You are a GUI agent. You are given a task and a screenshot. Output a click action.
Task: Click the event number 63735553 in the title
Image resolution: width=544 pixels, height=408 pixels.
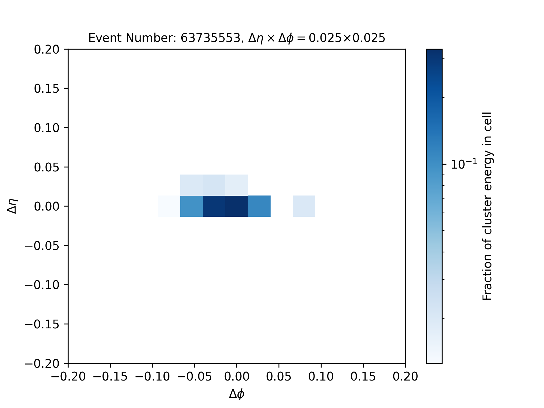point(211,38)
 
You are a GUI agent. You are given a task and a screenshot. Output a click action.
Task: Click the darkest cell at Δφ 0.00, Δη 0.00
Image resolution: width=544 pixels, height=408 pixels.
point(237,206)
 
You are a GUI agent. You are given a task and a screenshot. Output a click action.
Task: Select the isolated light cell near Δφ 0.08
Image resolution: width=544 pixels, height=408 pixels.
point(304,206)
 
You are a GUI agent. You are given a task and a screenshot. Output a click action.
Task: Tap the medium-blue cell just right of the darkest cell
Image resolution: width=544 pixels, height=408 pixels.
point(259,206)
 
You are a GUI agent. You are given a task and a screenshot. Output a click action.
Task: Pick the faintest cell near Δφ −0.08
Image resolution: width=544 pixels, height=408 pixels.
point(169,206)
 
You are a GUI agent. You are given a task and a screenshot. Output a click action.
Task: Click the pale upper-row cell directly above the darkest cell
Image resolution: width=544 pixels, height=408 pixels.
point(237,185)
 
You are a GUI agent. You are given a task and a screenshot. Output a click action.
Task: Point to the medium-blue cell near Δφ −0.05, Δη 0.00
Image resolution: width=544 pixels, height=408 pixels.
point(192,206)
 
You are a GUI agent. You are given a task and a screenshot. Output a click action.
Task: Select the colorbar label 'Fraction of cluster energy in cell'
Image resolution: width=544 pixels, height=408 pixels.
point(487,206)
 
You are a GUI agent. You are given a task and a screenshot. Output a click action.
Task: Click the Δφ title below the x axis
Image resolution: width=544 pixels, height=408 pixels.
point(237,394)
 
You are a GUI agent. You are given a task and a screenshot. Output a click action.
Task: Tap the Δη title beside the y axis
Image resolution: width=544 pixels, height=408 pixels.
point(12,206)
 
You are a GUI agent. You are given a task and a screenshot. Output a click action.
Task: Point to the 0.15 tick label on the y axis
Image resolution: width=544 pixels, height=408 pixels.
point(47,89)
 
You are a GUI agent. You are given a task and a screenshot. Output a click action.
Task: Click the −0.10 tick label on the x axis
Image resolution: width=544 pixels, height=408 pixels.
point(152,377)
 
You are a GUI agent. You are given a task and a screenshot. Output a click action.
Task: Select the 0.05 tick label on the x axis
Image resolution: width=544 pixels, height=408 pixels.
point(279,377)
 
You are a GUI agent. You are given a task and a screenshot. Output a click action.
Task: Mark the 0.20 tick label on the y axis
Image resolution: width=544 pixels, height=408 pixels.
point(47,49)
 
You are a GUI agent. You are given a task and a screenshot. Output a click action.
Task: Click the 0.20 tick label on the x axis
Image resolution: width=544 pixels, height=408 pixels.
point(405,377)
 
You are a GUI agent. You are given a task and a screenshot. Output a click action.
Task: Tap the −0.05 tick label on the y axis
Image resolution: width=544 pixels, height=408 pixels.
point(42,245)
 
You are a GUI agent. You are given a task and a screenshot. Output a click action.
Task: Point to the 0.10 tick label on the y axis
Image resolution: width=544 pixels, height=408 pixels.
point(47,128)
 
